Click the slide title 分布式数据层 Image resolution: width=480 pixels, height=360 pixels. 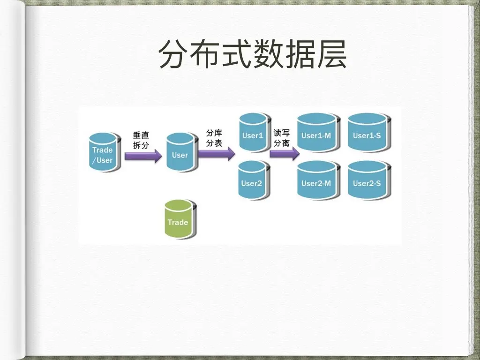tap(253, 54)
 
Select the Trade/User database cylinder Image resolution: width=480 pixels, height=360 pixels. tap(103, 153)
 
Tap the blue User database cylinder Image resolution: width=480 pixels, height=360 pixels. tap(180, 152)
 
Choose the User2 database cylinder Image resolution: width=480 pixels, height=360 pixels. tap(252, 180)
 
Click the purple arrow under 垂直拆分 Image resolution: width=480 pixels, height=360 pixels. tap(143, 156)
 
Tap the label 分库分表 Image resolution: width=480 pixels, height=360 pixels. tap(214, 138)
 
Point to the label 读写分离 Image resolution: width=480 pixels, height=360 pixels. tap(281, 138)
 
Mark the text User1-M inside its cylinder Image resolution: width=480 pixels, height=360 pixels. tap(316, 136)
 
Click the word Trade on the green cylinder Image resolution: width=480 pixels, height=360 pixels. tap(178, 222)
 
